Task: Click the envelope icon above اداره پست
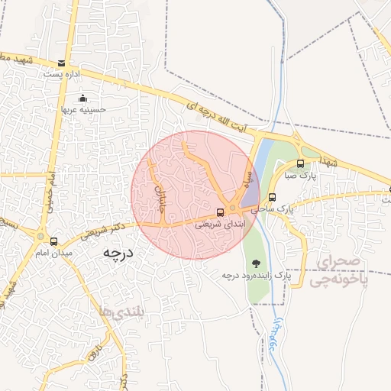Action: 61,63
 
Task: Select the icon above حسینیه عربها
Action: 83,98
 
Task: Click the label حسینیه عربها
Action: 83,109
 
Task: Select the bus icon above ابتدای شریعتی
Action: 220,212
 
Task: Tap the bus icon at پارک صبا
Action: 300,163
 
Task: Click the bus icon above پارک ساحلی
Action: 273,197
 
